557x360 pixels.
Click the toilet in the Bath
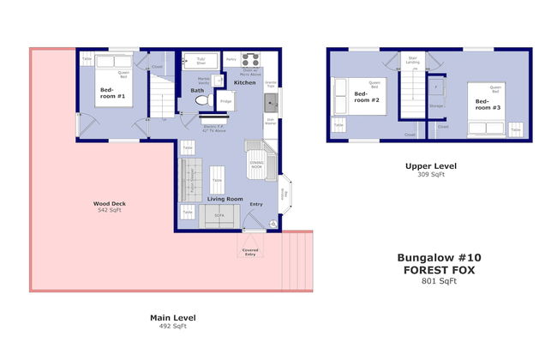click(x=203, y=100)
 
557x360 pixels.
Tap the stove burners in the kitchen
click(x=251, y=60)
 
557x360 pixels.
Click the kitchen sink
click(x=270, y=105)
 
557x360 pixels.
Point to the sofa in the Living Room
click(x=219, y=217)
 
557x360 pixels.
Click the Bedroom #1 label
click(x=112, y=94)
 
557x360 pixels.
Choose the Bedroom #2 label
click(x=368, y=99)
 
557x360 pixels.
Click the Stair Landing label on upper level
click(x=413, y=61)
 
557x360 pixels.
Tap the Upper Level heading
click(x=431, y=165)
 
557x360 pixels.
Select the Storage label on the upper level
click(x=436, y=106)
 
